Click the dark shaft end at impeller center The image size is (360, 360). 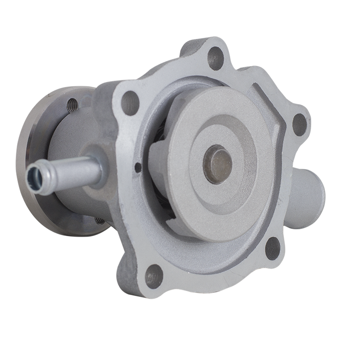(x=218, y=164)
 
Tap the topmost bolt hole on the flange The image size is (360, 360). (x=216, y=58)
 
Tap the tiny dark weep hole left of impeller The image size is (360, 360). (x=138, y=167)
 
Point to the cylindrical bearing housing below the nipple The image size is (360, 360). (x=76, y=202)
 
